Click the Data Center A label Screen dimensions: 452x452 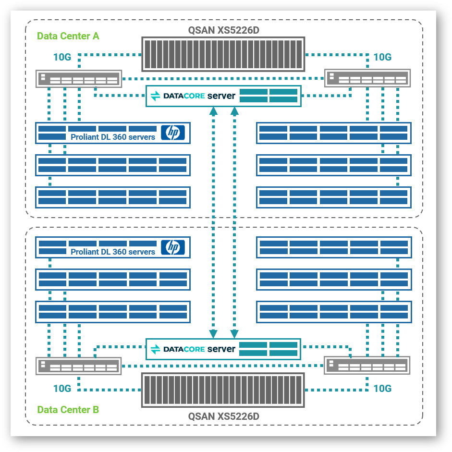point(68,36)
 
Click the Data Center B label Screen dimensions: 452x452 point(68,410)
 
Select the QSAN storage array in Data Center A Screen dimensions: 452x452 point(223,54)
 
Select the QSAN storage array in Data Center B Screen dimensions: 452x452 point(223,390)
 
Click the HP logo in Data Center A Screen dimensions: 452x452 point(172,133)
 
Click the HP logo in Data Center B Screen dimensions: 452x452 point(172,247)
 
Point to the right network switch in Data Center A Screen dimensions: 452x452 point(367,78)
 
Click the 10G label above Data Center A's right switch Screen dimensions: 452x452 point(382,57)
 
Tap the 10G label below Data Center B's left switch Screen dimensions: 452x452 point(62,389)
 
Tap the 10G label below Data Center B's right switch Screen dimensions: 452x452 point(382,388)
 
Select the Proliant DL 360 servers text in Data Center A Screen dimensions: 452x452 point(113,137)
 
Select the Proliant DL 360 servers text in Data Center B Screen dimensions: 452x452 point(113,252)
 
